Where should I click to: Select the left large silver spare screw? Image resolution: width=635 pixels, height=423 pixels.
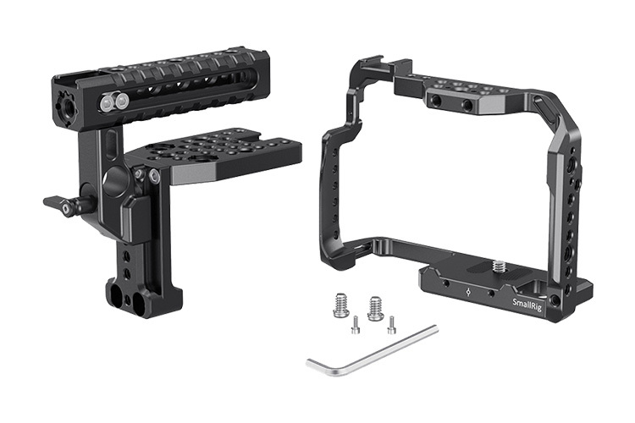341,305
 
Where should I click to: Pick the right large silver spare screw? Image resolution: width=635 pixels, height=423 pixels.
375,307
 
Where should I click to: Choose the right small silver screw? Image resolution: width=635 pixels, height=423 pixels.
391,323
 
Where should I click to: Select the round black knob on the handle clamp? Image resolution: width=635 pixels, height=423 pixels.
114,180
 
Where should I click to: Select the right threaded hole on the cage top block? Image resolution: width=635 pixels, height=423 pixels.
466,106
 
